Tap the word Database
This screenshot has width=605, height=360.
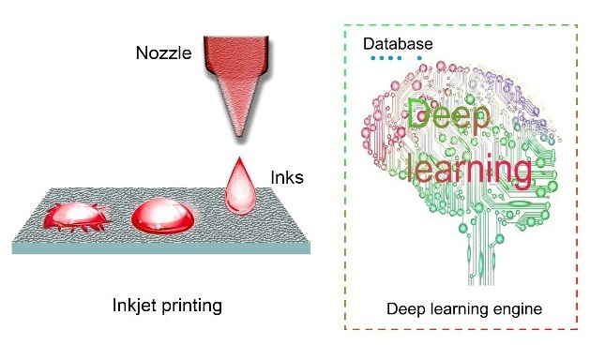coord(399,44)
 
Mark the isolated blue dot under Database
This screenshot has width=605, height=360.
coord(419,58)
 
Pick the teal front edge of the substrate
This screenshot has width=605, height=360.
coord(159,248)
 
